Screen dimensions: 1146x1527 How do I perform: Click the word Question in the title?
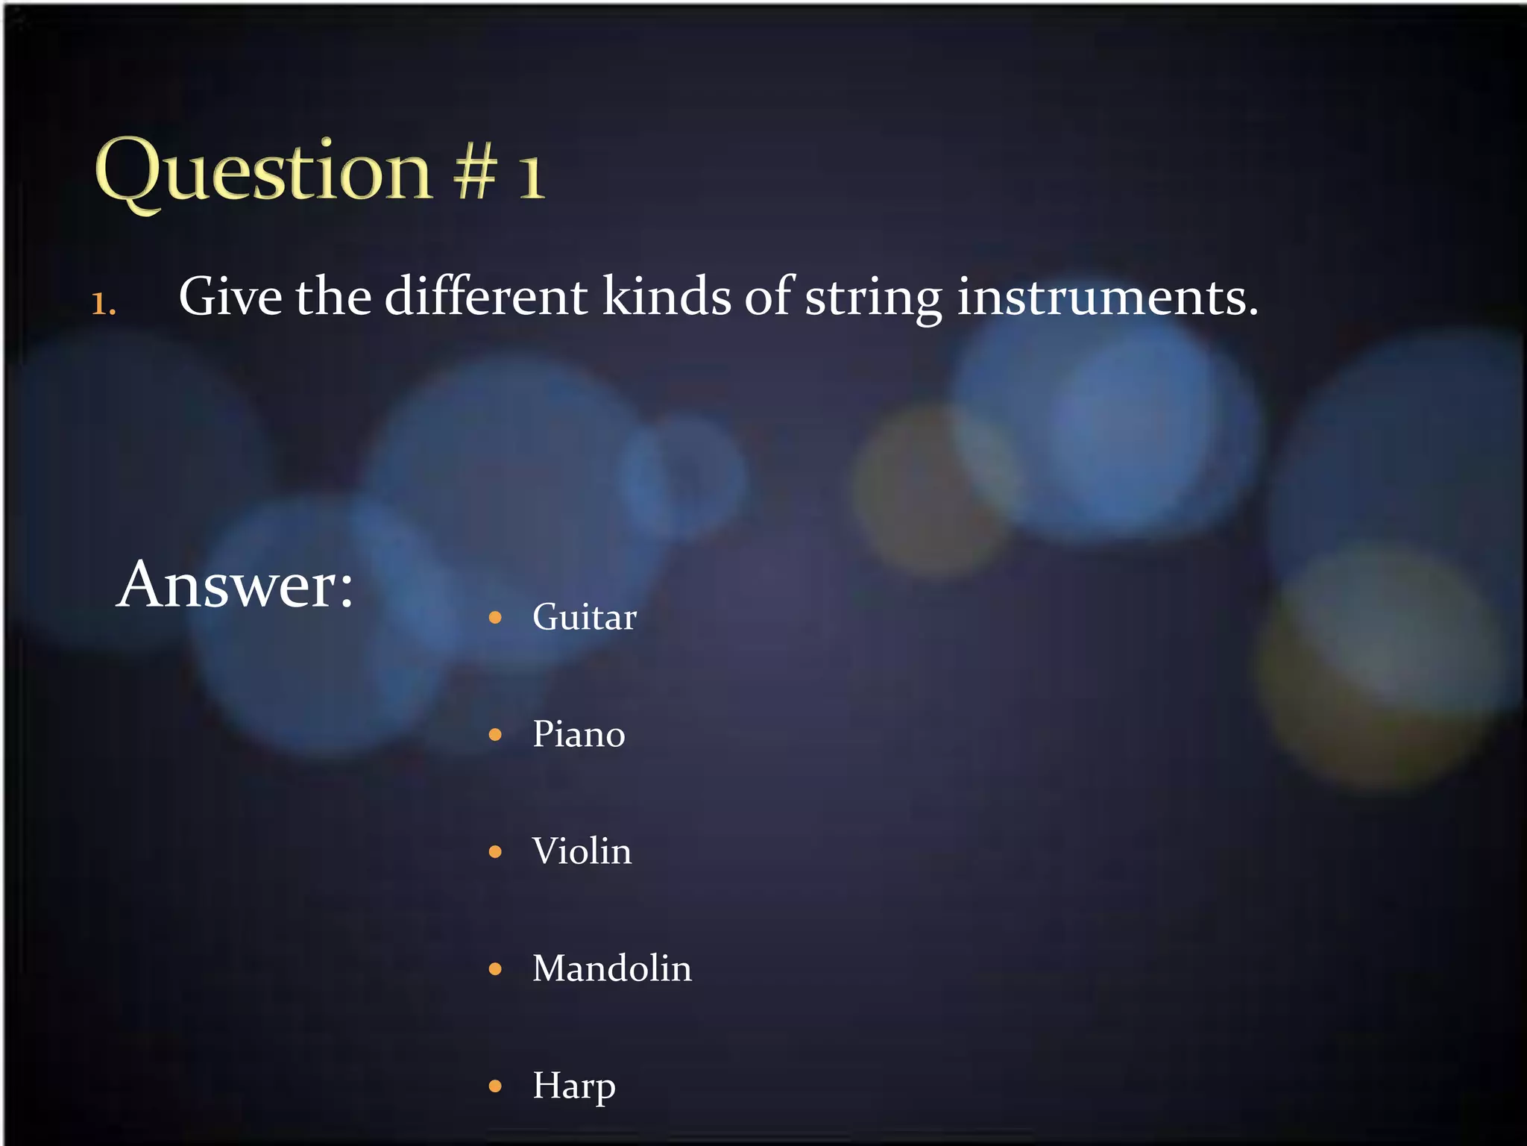263,172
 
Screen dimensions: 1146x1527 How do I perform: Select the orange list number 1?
103,304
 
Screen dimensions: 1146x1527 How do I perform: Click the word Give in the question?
230,297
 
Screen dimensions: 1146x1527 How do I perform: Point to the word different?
485,297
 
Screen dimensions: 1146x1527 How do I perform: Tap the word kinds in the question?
667,297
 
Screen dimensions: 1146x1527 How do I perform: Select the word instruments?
1106,297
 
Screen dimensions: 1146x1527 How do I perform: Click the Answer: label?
235,585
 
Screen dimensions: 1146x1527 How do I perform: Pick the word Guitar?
584,617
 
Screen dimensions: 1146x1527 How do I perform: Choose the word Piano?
579,734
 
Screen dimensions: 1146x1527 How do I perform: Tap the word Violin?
582,851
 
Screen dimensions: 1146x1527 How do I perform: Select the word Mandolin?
611,968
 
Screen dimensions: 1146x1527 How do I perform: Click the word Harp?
573,1086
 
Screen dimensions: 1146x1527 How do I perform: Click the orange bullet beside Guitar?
495,618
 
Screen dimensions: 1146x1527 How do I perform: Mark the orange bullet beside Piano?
495,735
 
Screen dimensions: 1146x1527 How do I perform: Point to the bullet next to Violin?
495,852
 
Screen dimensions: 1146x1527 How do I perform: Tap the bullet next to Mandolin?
495,969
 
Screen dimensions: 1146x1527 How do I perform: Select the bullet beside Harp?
495,1086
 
